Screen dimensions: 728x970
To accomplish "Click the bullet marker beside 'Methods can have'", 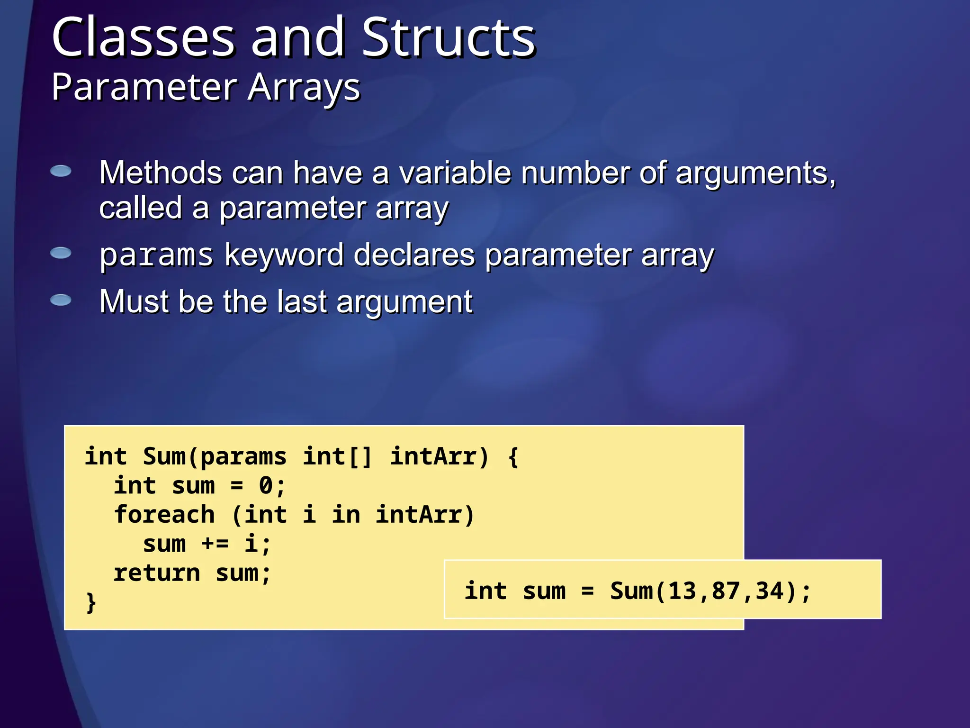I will [61, 171].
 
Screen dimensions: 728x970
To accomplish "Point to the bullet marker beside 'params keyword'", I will [61, 253].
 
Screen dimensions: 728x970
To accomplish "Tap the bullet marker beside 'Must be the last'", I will [61, 300].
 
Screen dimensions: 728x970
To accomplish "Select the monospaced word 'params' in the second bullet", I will [156, 256].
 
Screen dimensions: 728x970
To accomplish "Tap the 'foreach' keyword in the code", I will [164, 515].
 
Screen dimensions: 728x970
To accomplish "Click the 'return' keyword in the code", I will [157, 573].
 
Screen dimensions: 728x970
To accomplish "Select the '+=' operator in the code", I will [216, 544].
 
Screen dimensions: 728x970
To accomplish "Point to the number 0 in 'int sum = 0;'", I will [266, 486].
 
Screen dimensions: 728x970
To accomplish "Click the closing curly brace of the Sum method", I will [91, 602].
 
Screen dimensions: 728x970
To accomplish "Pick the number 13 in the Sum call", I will [682, 591].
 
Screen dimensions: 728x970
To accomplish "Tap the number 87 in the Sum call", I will [726, 591].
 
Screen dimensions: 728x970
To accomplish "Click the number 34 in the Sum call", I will [769, 591].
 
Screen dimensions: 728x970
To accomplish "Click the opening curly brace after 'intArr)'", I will [513, 457].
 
